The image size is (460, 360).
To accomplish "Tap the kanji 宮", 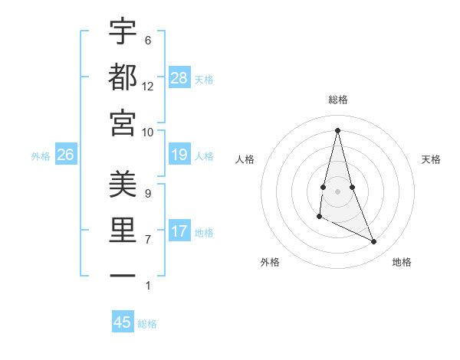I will [123, 123].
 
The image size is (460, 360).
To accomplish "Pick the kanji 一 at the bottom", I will [123, 275].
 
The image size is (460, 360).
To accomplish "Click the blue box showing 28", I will [179, 77].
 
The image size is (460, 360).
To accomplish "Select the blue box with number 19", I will [179, 155].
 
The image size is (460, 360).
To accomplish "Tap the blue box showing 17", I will [179, 231].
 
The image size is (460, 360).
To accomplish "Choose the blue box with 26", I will [65, 155].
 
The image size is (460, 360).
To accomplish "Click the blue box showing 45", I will [123, 322].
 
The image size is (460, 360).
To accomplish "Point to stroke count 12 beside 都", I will [148, 87].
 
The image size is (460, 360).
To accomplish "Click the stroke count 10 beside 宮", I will [148, 132].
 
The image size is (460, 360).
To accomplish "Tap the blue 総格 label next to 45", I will [147, 324].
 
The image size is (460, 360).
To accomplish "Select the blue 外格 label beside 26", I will [41, 156].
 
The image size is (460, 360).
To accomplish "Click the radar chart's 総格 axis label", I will [338, 100].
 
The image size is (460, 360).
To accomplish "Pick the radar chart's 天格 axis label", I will [432, 159].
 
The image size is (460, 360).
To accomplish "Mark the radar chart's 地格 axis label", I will [402, 262].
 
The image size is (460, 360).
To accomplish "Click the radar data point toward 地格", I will [374, 242].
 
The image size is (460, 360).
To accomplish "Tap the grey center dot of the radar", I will [338, 191].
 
